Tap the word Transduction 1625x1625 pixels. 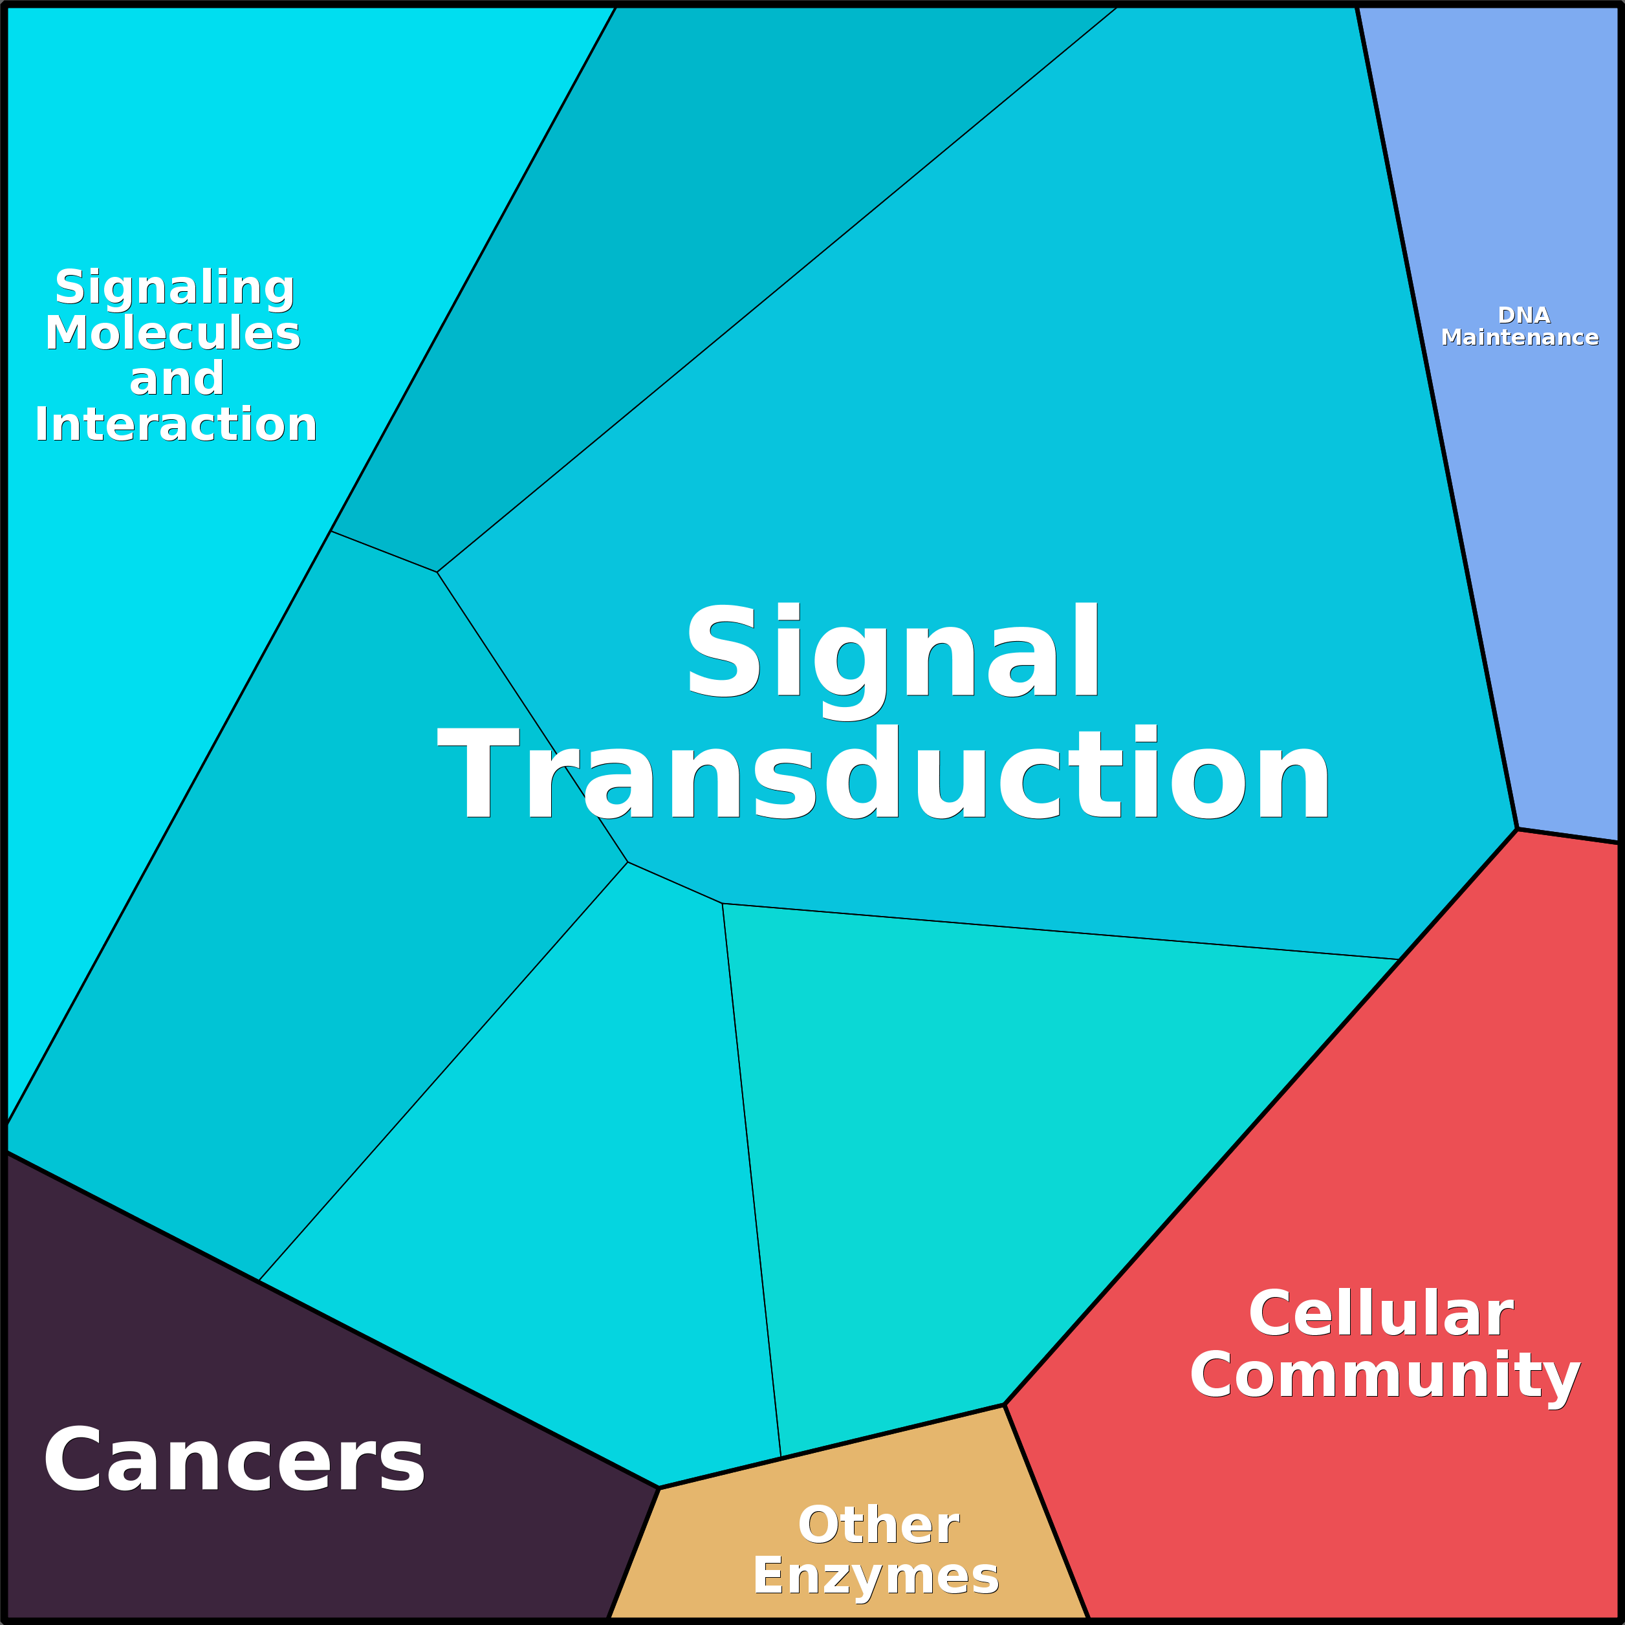tap(883, 773)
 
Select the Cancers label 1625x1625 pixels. tap(234, 1461)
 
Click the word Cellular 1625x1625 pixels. tap(1380, 1313)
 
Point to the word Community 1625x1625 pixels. tap(1385, 1379)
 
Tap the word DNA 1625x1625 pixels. tap(1523, 316)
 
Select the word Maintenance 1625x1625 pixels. tap(1519, 337)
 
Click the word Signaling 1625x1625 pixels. tap(175, 288)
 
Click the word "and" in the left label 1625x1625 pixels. tap(177, 378)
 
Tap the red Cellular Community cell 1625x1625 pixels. tap(1362, 1312)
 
